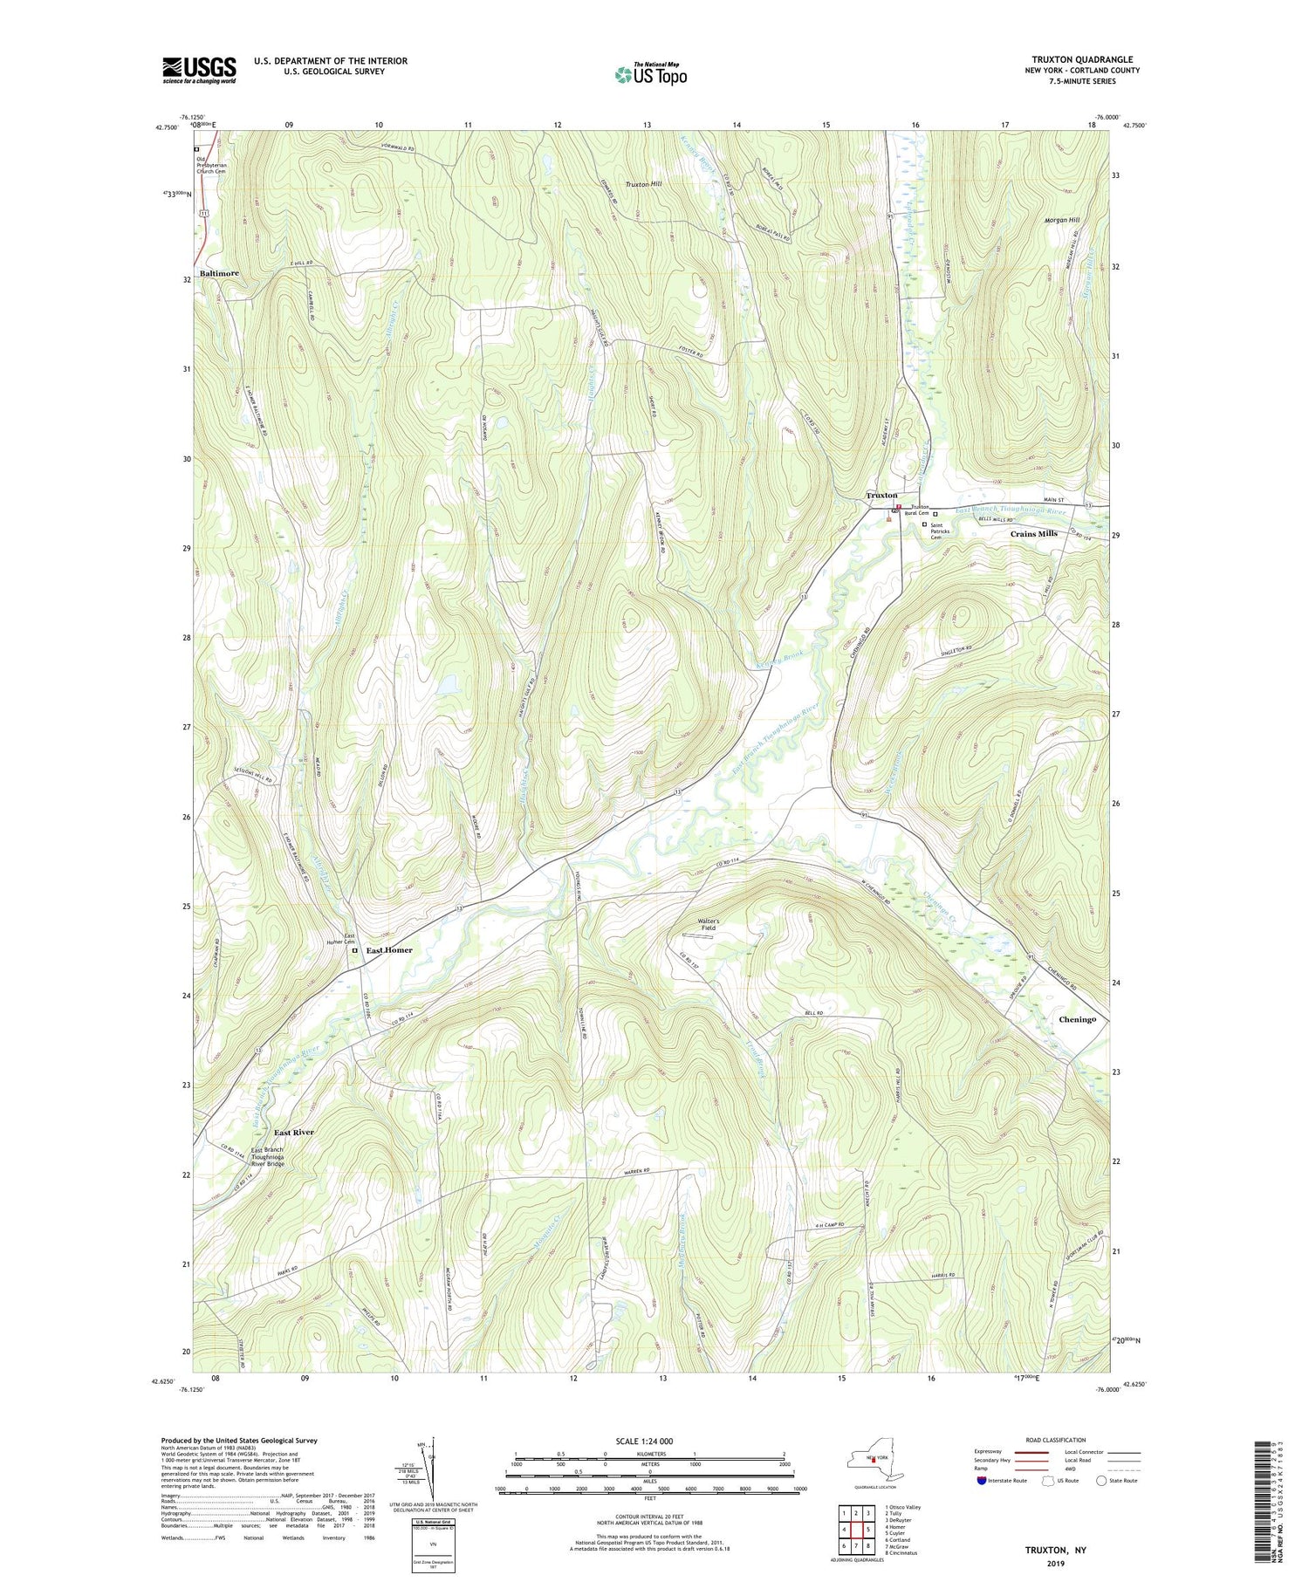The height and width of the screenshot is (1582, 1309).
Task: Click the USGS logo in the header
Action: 199,70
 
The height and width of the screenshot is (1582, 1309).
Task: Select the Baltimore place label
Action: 219,273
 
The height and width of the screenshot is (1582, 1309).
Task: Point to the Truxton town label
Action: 881,496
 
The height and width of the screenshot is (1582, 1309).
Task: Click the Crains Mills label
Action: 1033,533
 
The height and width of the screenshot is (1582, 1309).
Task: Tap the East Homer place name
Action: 389,950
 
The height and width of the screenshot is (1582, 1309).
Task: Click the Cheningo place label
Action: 1077,1019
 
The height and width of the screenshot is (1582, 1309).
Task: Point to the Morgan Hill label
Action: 1062,220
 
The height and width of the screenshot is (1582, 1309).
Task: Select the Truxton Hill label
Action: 644,184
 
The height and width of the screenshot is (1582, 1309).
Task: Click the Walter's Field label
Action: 708,924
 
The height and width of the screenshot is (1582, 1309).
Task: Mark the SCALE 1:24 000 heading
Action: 649,1441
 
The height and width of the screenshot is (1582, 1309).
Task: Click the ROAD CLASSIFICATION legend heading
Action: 1056,1440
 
